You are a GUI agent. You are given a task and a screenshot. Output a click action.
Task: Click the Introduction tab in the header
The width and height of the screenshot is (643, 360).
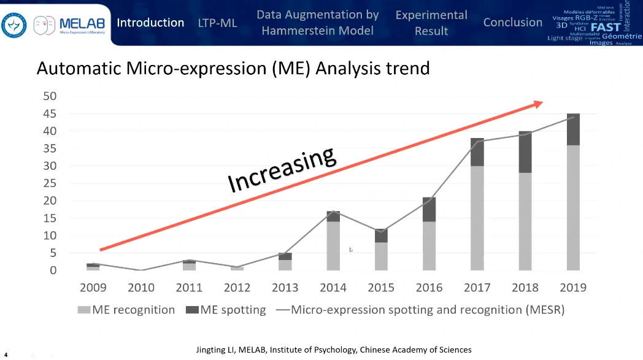click(150, 23)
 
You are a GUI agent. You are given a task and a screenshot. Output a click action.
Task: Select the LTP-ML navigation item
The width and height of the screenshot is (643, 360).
click(217, 23)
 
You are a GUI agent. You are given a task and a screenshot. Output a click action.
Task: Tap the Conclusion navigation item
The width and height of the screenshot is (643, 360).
click(512, 23)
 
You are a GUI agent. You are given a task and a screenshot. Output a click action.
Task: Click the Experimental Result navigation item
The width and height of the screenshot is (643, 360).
click(431, 23)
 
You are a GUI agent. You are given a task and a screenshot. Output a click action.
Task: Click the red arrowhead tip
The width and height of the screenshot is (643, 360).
click(540, 103)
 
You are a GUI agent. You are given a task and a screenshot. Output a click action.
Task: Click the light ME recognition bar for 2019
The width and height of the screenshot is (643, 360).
click(574, 207)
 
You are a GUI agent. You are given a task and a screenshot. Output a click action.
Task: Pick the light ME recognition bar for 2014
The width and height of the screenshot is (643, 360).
click(333, 245)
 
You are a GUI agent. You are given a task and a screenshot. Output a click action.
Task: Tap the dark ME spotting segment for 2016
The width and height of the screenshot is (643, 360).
click(429, 210)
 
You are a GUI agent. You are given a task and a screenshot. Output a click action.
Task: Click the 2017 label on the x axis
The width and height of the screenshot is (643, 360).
click(477, 287)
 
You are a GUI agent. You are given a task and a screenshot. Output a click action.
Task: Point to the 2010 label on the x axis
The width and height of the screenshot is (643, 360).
click(141, 287)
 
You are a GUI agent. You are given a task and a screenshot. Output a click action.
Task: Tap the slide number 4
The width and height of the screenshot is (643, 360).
click(6, 354)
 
